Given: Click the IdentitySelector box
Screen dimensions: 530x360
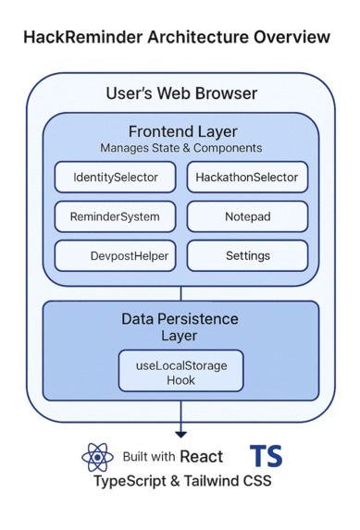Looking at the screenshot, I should pyautogui.click(x=115, y=177).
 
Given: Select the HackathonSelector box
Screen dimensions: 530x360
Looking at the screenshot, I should pyautogui.click(x=247, y=177).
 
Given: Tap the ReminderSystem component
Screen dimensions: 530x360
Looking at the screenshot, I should pyautogui.click(x=115, y=216).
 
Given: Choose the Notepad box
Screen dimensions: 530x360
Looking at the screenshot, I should pyautogui.click(x=247, y=216).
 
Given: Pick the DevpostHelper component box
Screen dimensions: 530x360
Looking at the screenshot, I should pyautogui.click(x=115, y=255).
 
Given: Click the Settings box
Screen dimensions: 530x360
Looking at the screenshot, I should pyautogui.click(x=247, y=255).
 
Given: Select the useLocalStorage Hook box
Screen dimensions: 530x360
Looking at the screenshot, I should pyautogui.click(x=181, y=372).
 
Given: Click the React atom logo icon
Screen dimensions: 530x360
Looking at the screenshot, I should pyautogui.click(x=97, y=458).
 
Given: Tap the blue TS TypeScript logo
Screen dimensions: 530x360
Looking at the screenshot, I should pyautogui.click(x=266, y=455).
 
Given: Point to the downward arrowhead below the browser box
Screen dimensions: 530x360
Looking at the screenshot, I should pyautogui.click(x=180, y=433).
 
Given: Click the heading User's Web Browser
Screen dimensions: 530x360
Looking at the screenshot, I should pyautogui.click(x=181, y=93).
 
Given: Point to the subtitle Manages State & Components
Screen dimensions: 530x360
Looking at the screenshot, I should pyautogui.click(x=181, y=148).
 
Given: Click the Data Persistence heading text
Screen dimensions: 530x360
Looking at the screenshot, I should pyautogui.click(x=180, y=318).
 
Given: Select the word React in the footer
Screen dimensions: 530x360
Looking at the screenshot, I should pyautogui.click(x=202, y=457).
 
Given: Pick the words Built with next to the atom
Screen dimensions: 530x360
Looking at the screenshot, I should pyautogui.click(x=149, y=457).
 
